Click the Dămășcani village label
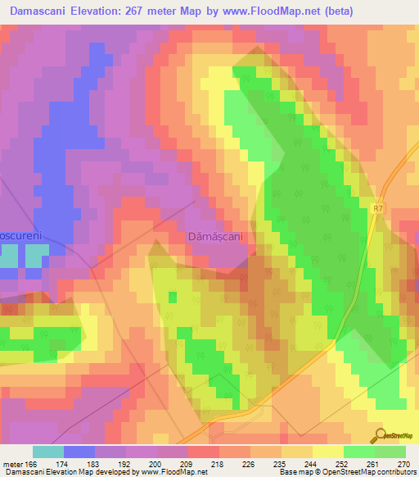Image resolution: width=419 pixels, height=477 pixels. point(216,235)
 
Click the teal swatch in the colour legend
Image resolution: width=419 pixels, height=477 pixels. point(47,452)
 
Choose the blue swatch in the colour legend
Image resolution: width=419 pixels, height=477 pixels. point(79,452)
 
